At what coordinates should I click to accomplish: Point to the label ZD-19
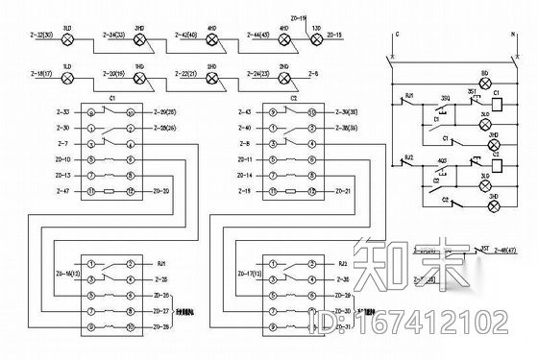click(x=298, y=18)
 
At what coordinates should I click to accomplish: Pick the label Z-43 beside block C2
click(x=244, y=112)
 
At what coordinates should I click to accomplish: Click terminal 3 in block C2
click(x=272, y=143)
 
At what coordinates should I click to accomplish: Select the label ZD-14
click(x=244, y=176)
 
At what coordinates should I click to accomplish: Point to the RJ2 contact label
click(x=409, y=155)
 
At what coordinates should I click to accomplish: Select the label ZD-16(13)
click(x=63, y=276)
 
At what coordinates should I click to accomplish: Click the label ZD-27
click(x=160, y=311)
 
